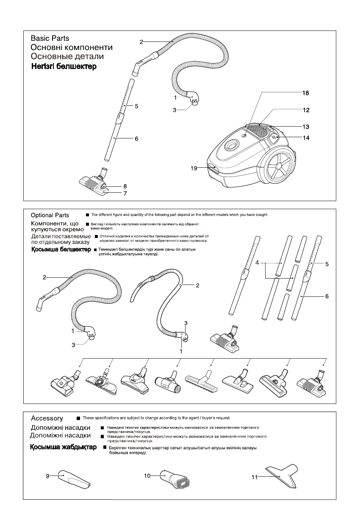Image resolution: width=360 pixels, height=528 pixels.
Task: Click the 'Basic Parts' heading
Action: (x=50, y=39)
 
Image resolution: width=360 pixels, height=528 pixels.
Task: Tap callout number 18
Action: (x=305, y=93)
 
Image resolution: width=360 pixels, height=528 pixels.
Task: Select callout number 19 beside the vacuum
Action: (x=194, y=168)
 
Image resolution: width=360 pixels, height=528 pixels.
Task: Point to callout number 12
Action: (x=306, y=110)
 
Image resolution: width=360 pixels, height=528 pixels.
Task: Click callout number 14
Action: (x=306, y=138)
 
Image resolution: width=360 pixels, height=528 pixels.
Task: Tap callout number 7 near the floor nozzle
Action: (x=125, y=194)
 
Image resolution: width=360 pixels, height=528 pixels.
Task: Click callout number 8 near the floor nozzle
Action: (x=125, y=186)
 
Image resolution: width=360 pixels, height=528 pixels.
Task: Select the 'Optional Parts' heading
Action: (x=50, y=216)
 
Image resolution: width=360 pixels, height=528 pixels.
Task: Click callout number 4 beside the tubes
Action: (x=257, y=263)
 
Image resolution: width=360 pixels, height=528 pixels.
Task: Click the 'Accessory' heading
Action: (x=47, y=419)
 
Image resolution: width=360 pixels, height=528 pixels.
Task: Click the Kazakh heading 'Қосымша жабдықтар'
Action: (x=63, y=448)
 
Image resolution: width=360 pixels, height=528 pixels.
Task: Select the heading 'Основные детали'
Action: (x=67, y=57)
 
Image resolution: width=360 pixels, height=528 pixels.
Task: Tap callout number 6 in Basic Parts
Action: (x=137, y=138)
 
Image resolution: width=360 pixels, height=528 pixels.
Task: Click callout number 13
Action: (x=306, y=127)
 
